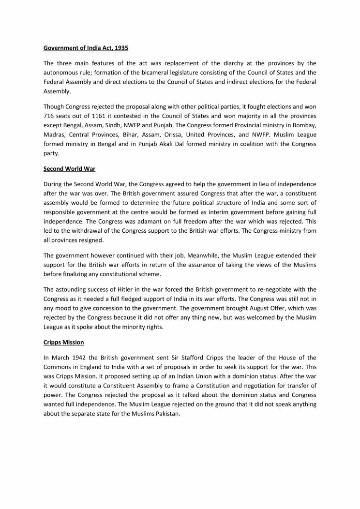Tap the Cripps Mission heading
63,342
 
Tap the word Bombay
305,125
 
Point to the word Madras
55,135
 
